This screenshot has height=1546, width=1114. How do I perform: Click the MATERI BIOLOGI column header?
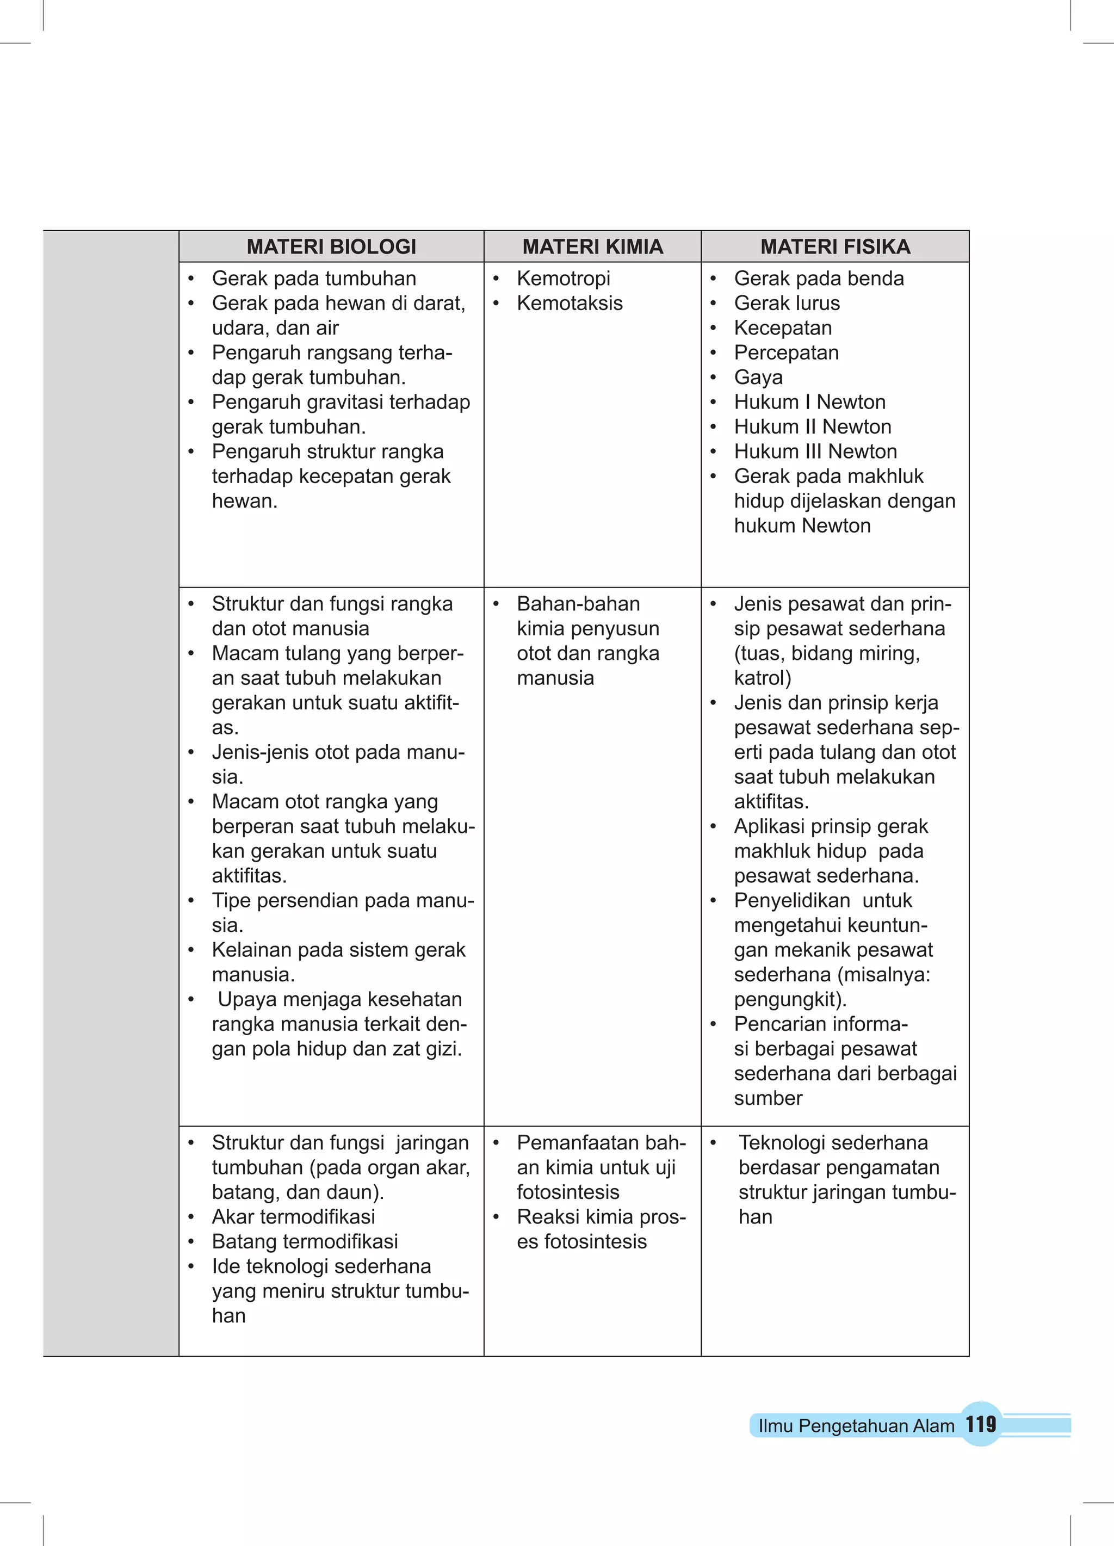point(331,247)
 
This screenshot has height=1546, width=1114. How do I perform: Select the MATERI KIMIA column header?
point(592,247)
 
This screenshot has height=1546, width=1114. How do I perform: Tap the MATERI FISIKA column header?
point(835,247)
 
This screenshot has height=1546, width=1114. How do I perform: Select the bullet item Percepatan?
point(786,353)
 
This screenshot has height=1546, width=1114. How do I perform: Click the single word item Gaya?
point(758,377)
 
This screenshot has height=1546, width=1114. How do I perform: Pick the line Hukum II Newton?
point(813,426)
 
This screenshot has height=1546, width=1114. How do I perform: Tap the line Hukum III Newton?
point(815,452)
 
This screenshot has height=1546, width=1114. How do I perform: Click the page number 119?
point(980,1425)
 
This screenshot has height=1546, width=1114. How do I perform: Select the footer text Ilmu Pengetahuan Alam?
point(856,1426)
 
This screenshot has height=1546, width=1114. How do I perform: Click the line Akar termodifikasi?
point(293,1217)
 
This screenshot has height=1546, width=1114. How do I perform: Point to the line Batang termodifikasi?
point(305,1241)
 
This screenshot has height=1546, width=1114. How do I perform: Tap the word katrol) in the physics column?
point(762,678)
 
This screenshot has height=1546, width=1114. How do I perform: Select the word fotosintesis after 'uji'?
point(568,1192)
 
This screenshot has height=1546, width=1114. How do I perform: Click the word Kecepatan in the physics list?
point(783,328)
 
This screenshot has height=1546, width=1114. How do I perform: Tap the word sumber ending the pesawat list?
point(769,1098)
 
